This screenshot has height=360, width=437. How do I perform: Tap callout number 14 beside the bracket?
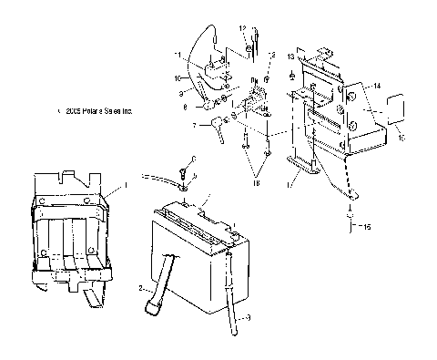click(377, 85)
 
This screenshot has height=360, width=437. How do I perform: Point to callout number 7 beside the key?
click(195, 126)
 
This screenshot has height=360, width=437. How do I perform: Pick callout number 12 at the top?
click(244, 29)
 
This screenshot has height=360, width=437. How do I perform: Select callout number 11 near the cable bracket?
click(179, 56)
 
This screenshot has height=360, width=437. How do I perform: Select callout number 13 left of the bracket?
click(290, 56)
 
